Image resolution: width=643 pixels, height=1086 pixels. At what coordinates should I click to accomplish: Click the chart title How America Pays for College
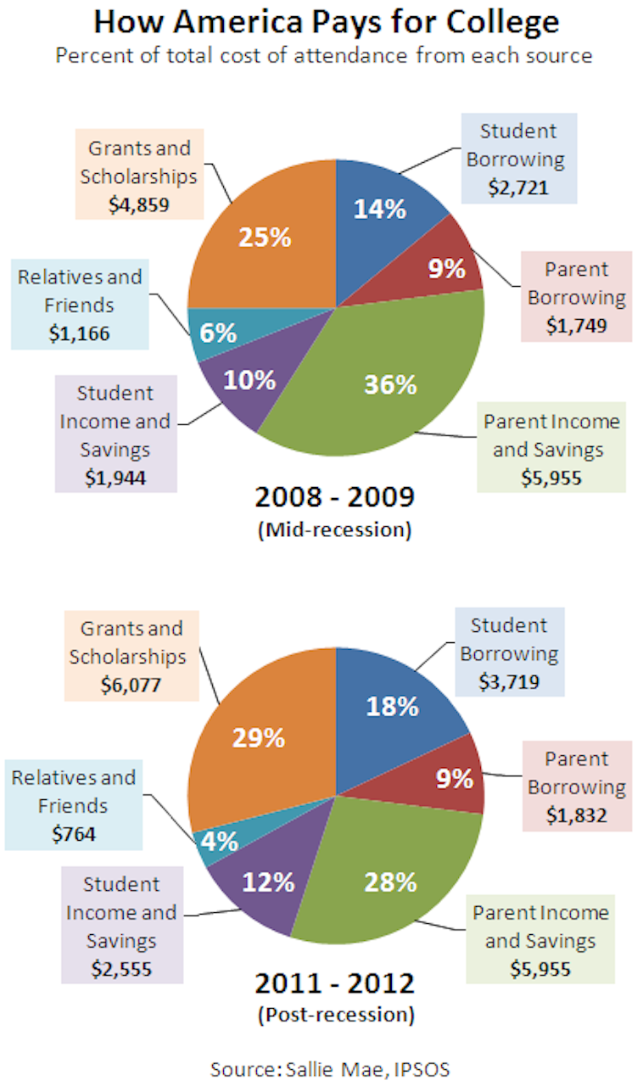point(327,22)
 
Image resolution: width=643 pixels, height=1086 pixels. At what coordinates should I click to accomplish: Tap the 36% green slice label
point(390,384)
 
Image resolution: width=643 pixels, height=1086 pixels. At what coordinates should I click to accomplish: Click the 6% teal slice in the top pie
point(218,333)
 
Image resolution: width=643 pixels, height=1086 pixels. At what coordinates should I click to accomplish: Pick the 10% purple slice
point(249,380)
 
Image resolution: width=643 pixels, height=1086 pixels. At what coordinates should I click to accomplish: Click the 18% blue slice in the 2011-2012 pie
point(392,706)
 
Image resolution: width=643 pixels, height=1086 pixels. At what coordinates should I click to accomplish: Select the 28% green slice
point(390,882)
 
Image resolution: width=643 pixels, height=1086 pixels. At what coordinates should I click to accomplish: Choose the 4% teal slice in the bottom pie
point(220,843)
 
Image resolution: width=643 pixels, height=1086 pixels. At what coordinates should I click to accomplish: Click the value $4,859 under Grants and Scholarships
point(139,204)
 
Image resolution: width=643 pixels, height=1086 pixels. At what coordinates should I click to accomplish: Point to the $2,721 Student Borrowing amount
point(518,188)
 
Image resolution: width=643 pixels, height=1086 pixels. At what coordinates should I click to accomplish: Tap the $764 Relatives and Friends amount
point(73,833)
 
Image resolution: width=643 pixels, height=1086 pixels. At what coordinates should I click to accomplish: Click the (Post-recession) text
point(334,1014)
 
